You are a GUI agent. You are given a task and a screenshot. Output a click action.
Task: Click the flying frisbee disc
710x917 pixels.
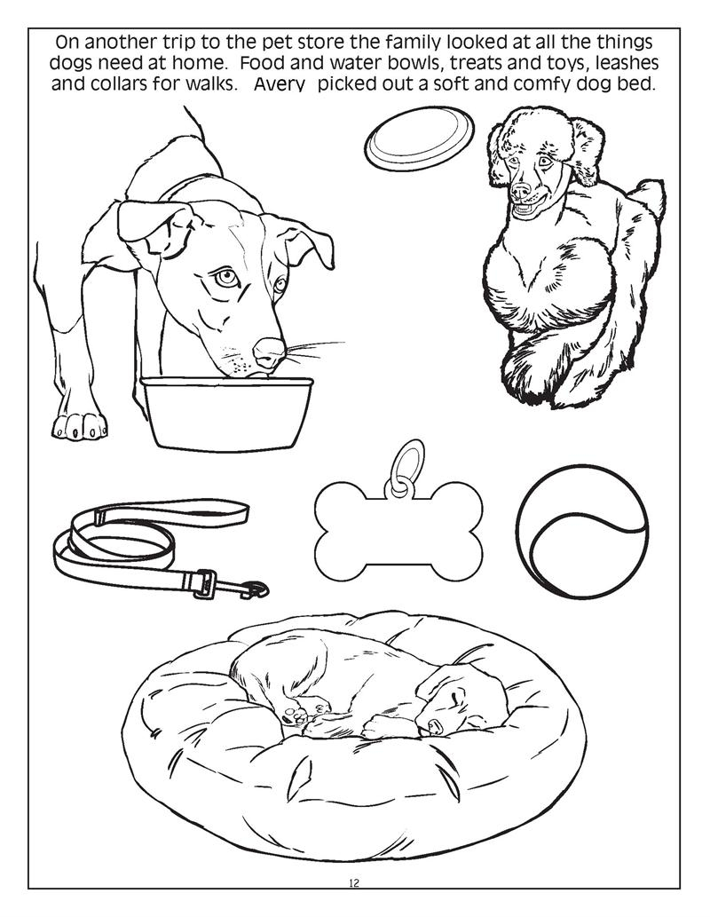(418, 138)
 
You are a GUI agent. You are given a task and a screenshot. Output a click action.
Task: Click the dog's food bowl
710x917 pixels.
(227, 412)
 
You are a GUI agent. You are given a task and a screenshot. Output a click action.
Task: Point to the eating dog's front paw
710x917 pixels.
(80, 424)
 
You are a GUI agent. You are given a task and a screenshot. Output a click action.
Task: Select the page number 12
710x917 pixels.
(354, 882)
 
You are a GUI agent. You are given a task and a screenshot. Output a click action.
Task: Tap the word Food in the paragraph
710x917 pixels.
(267, 65)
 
